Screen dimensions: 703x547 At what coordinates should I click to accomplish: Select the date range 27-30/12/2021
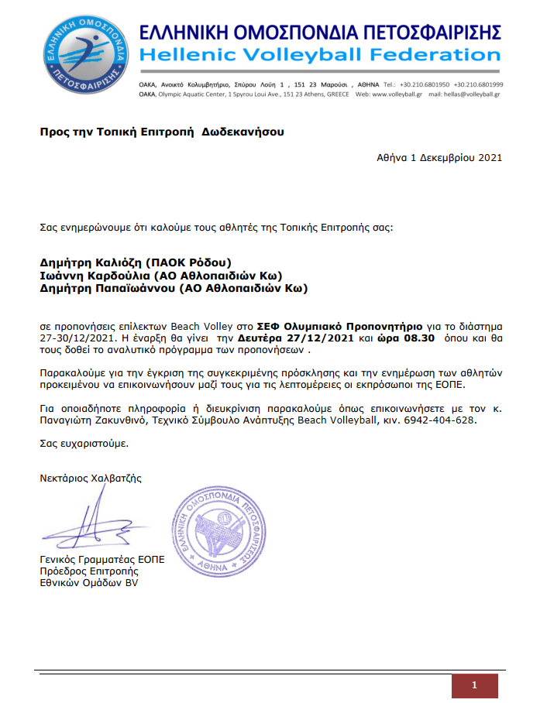coord(75,338)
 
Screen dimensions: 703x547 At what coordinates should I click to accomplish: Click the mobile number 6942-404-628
coord(443,420)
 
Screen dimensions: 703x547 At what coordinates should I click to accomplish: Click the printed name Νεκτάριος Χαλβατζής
coord(91,478)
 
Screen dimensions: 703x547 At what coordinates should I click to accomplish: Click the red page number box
coord(474,685)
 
